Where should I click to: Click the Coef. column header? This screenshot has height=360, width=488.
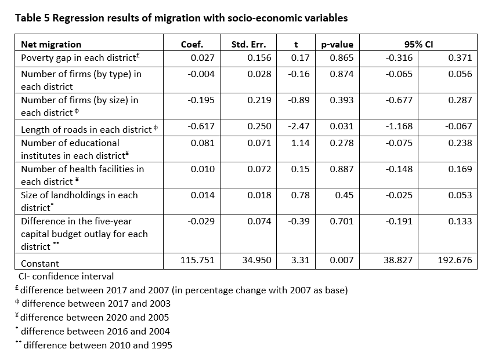pyautogui.click(x=192, y=45)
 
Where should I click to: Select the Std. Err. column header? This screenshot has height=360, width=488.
pyautogui.click(x=249, y=45)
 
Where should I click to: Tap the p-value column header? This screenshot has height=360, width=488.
pyautogui.click(x=337, y=45)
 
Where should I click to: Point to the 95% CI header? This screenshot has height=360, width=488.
pyautogui.click(x=418, y=45)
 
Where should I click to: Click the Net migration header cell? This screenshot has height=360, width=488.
pyautogui.click(x=51, y=45)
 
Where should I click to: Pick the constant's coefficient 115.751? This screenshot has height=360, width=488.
pyautogui.click(x=198, y=260)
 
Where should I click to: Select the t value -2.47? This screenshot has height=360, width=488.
pyautogui.click(x=299, y=126)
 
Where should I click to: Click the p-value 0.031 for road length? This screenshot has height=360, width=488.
pyautogui.click(x=342, y=126)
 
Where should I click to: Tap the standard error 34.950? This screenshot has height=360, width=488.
pyautogui.click(x=256, y=260)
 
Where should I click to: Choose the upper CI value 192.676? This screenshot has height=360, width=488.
pyautogui.click(x=455, y=260)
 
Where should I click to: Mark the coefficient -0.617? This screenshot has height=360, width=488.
pyautogui.click(x=201, y=126)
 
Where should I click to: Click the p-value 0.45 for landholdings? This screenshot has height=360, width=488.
pyautogui.click(x=344, y=195)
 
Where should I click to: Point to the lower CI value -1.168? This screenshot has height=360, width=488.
pyautogui.click(x=399, y=126)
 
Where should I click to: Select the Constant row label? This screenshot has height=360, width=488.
pyautogui.click(x=40, y=264)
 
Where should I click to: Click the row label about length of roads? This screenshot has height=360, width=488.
pyautogui.click(x=89, y=129)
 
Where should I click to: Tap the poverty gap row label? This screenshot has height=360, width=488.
pyautogui.click(x=80, y=58)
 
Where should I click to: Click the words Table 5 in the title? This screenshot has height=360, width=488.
pyautogui.click(x=32, y=18)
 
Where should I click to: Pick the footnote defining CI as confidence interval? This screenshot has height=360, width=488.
pyautogui.click(x=66, y=277)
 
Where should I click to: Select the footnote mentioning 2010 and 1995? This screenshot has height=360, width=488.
pyautogui.click(x=93, y=345)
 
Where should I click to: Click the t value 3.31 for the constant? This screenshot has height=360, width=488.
pyautogui.click(x=301, y=260)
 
